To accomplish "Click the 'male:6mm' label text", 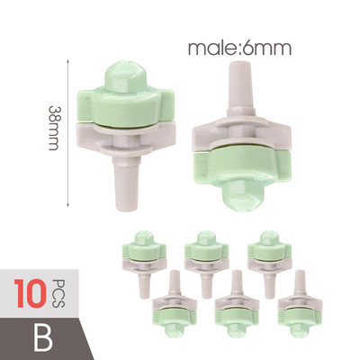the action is [239, 48].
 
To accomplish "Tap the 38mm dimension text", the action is [54, 128].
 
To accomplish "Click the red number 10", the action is [30, 293].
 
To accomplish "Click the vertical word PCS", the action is [58, 293].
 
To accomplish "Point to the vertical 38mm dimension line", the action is [68, 133].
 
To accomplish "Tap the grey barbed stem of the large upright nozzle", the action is [127, 184].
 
